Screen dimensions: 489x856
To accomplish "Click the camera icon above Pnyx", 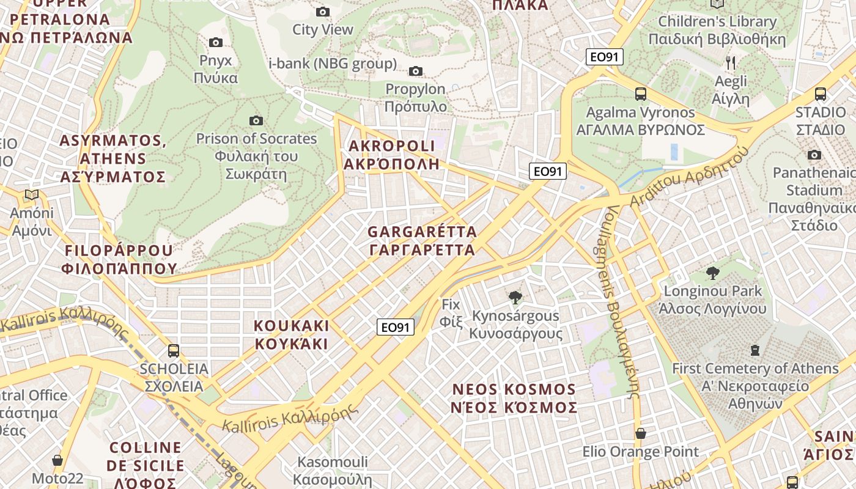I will tap(215, 42).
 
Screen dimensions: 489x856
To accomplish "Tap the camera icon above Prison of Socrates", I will tap(256, 120).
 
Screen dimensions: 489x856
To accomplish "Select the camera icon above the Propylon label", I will tap(416, 71).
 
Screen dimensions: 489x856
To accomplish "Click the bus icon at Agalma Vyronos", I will tap(640, 94).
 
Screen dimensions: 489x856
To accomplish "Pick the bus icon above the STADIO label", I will tap(820, 94).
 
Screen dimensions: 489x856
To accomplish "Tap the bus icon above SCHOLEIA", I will tap(174, 350).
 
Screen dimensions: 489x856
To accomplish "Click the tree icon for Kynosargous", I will tap(515, 298).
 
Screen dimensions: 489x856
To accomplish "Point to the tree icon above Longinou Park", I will tap(712, 273).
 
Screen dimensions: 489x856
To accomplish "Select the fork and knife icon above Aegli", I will tap(731, 62).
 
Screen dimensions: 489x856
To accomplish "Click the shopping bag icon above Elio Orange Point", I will tap(640, 433).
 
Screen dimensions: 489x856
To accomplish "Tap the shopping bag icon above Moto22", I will tap(57, 460).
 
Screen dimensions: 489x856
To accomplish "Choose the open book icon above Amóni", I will tap(32, 195).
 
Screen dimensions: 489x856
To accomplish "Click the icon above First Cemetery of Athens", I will tap(755, 350).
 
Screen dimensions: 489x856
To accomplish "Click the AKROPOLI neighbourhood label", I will tap(391, 155).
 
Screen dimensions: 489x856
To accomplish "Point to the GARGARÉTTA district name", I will tap(422, 241).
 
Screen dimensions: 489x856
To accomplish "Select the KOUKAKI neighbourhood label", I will tap(291, 334).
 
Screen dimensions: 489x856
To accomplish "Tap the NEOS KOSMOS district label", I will tap(514, 398).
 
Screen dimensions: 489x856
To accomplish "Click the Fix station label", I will tap(451, 312).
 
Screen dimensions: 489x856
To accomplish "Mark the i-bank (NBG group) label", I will tap(333, 64).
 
